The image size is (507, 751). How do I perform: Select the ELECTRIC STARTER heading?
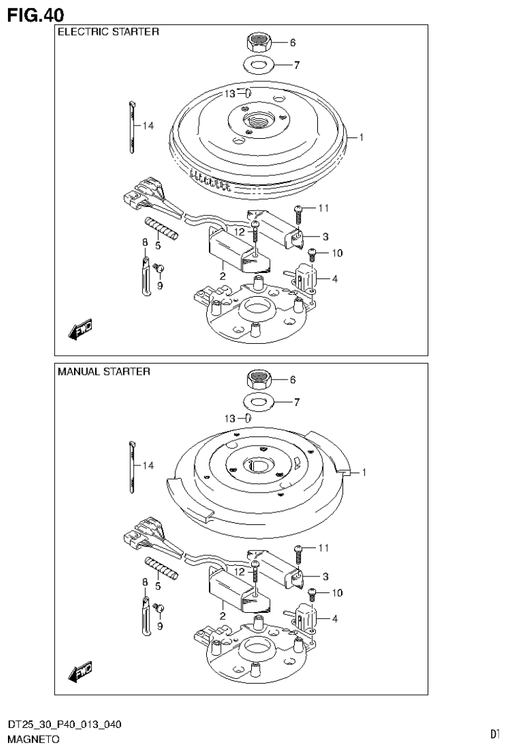pyautogui.click(x=108, y=32)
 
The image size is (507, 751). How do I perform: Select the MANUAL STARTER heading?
pyautogui.click(x=104, y=372)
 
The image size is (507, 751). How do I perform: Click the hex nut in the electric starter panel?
pyautogui.click(x=258, y=42)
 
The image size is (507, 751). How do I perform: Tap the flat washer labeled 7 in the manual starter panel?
pyautogui.click(x=258, y=401)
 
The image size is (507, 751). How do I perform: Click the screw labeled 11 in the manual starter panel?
pyautogui.click(x=297, y=549)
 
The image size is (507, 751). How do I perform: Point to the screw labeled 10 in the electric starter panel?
pyautogui.click(x=313, y=253)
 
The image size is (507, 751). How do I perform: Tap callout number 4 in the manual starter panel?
pyautogui.click(x=335, y=619)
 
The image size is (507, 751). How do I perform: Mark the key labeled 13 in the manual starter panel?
pyautogui.click(x=247, y=418)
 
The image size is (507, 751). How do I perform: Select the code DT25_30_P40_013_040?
pyautogui.click(x=64, y=725)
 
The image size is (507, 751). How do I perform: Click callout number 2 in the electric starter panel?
pyautogui.click(x=223, y=276)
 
